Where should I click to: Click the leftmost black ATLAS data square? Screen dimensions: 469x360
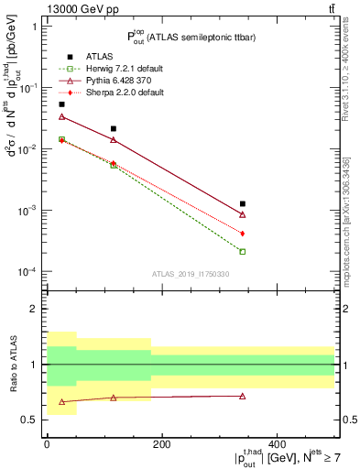point(61,104)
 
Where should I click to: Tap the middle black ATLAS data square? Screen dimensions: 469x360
point(114,129)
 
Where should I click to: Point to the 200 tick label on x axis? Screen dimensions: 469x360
point(161,443)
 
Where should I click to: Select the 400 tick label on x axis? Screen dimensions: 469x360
point(277,443)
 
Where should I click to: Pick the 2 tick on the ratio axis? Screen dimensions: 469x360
point(37,310)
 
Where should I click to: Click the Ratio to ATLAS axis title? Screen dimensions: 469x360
point(12,365)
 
